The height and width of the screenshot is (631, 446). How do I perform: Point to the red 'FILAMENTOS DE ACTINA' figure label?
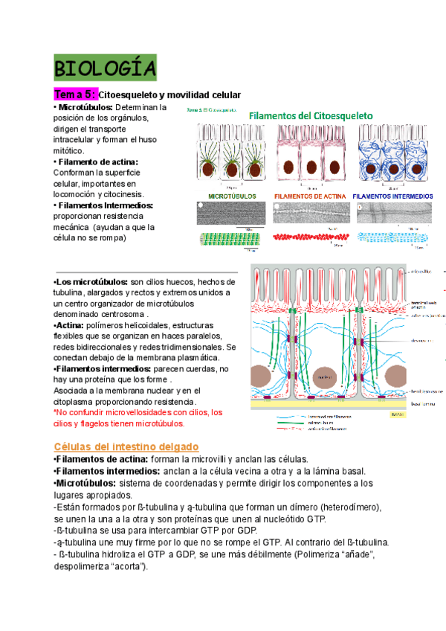pos(310,196)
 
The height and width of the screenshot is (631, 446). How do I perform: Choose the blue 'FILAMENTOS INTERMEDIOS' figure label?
pos(392,196)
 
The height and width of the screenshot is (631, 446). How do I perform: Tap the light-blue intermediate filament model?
pos(392,237)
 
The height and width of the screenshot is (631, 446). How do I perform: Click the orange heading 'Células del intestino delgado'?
pos(126,446)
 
